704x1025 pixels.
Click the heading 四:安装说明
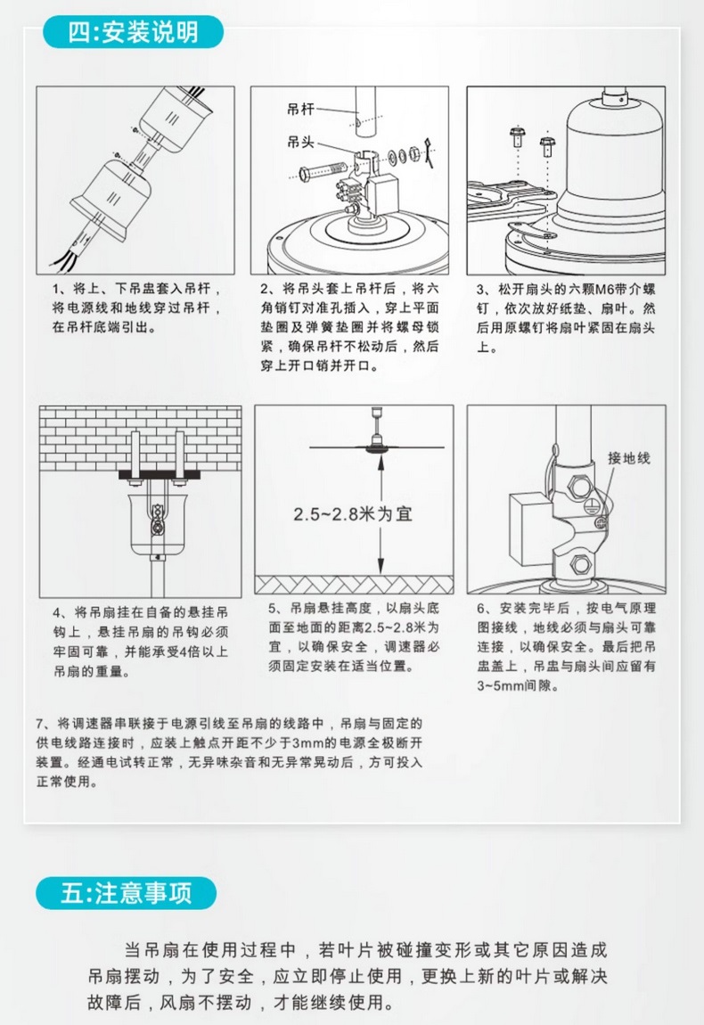tap(133, 33)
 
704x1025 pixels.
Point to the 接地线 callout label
tap(629, 457)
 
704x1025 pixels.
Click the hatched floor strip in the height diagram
tap(354, 584)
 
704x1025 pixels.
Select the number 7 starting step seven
tap(38, 723)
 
